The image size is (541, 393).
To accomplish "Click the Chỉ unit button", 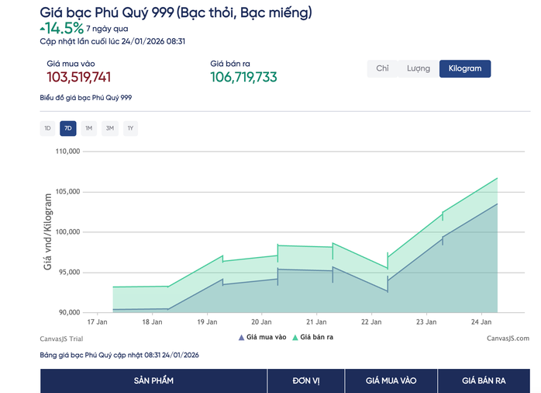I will pyautogui.click(x=382, y=68).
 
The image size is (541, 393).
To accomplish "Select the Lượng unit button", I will pyautogui.click(x=419, y=68).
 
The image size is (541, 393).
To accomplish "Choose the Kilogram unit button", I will pyautogui.click(x=464, y=68).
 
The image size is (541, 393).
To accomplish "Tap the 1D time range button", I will pyautogui.click(x=47, y=128).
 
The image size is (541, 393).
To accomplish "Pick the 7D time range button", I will pyautogui.click(x=68, y=128).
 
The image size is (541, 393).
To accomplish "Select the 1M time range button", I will pyautogui.click(x=89, y=128).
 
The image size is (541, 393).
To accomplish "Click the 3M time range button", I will pyautogui.click(x=110, y=128).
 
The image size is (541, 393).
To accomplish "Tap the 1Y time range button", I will pyautogui.click(x=130, y=128).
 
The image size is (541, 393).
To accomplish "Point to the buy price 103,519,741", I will pyautogui.click(x=79, y=77).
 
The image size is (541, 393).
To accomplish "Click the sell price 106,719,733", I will pyautogui.click(x=243, y=77).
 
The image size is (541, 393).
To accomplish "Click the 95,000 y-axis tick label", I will pyautogui.click(x=67, y=273).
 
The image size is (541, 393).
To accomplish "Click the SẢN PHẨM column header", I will pyautogui.click(x=153, y=381).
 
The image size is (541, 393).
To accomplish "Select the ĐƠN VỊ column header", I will pyautogui.click(x=305, y=381).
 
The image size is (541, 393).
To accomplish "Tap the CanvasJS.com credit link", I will pyautogui.click(x=508, y=338).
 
